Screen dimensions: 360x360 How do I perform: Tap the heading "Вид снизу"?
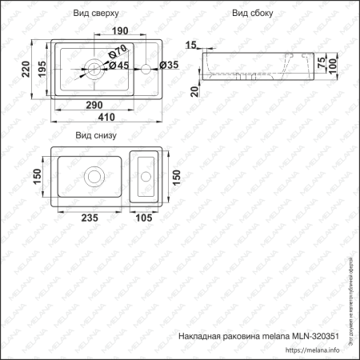pos(95,136)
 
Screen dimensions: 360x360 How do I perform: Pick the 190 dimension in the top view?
pos(120,31)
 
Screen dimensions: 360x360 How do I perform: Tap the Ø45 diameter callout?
pos(118,65)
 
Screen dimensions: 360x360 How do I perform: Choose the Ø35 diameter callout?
pos(169,65)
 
